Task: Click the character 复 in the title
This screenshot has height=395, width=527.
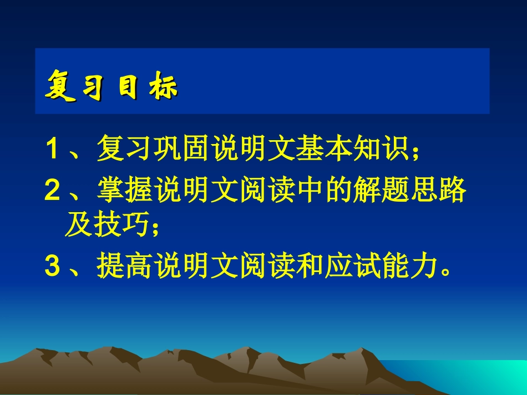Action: coord(60,88)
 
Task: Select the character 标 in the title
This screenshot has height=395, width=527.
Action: coord(164,89)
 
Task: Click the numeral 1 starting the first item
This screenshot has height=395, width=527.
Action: coord(52,149)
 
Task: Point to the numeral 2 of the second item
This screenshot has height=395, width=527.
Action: coord(52,192)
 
